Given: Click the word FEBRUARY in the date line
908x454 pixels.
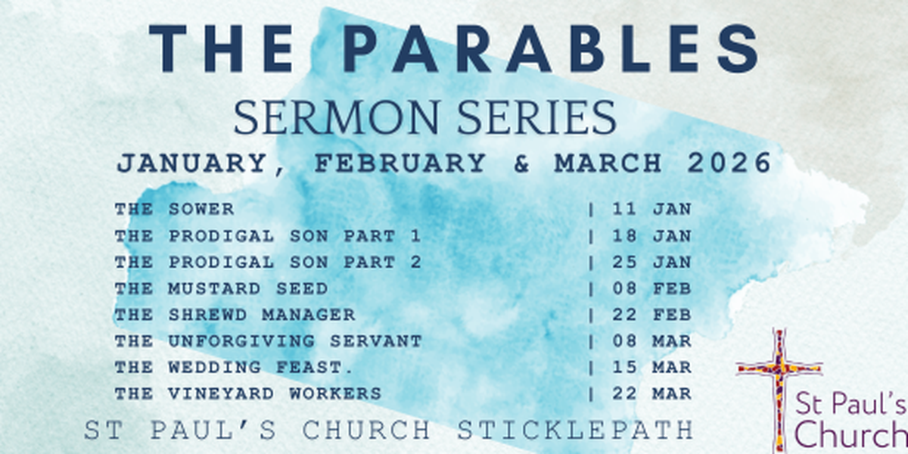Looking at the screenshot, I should tap(400, 163).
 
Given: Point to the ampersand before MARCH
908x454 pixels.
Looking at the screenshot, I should tap(521, 163).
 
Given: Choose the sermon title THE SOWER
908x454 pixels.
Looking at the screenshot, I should tap(175, 209).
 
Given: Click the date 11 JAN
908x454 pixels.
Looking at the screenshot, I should tap(651, 209).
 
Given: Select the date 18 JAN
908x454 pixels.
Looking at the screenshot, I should tap(651, 236).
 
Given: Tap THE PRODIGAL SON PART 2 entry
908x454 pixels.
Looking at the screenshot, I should tap(268, 263).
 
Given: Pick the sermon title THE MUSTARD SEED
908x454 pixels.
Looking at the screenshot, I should tap(221, 288).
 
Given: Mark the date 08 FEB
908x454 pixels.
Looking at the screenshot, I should tap(651, 288).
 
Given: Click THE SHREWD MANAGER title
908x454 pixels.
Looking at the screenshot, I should tap(235, 315).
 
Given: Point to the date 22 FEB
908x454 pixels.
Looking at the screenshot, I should tap(651, 315).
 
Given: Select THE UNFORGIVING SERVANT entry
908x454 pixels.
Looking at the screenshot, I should tap(268, 341).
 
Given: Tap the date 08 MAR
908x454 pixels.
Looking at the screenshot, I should tap(651, 341).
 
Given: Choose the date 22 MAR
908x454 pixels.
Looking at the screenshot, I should tap(651, 393).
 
